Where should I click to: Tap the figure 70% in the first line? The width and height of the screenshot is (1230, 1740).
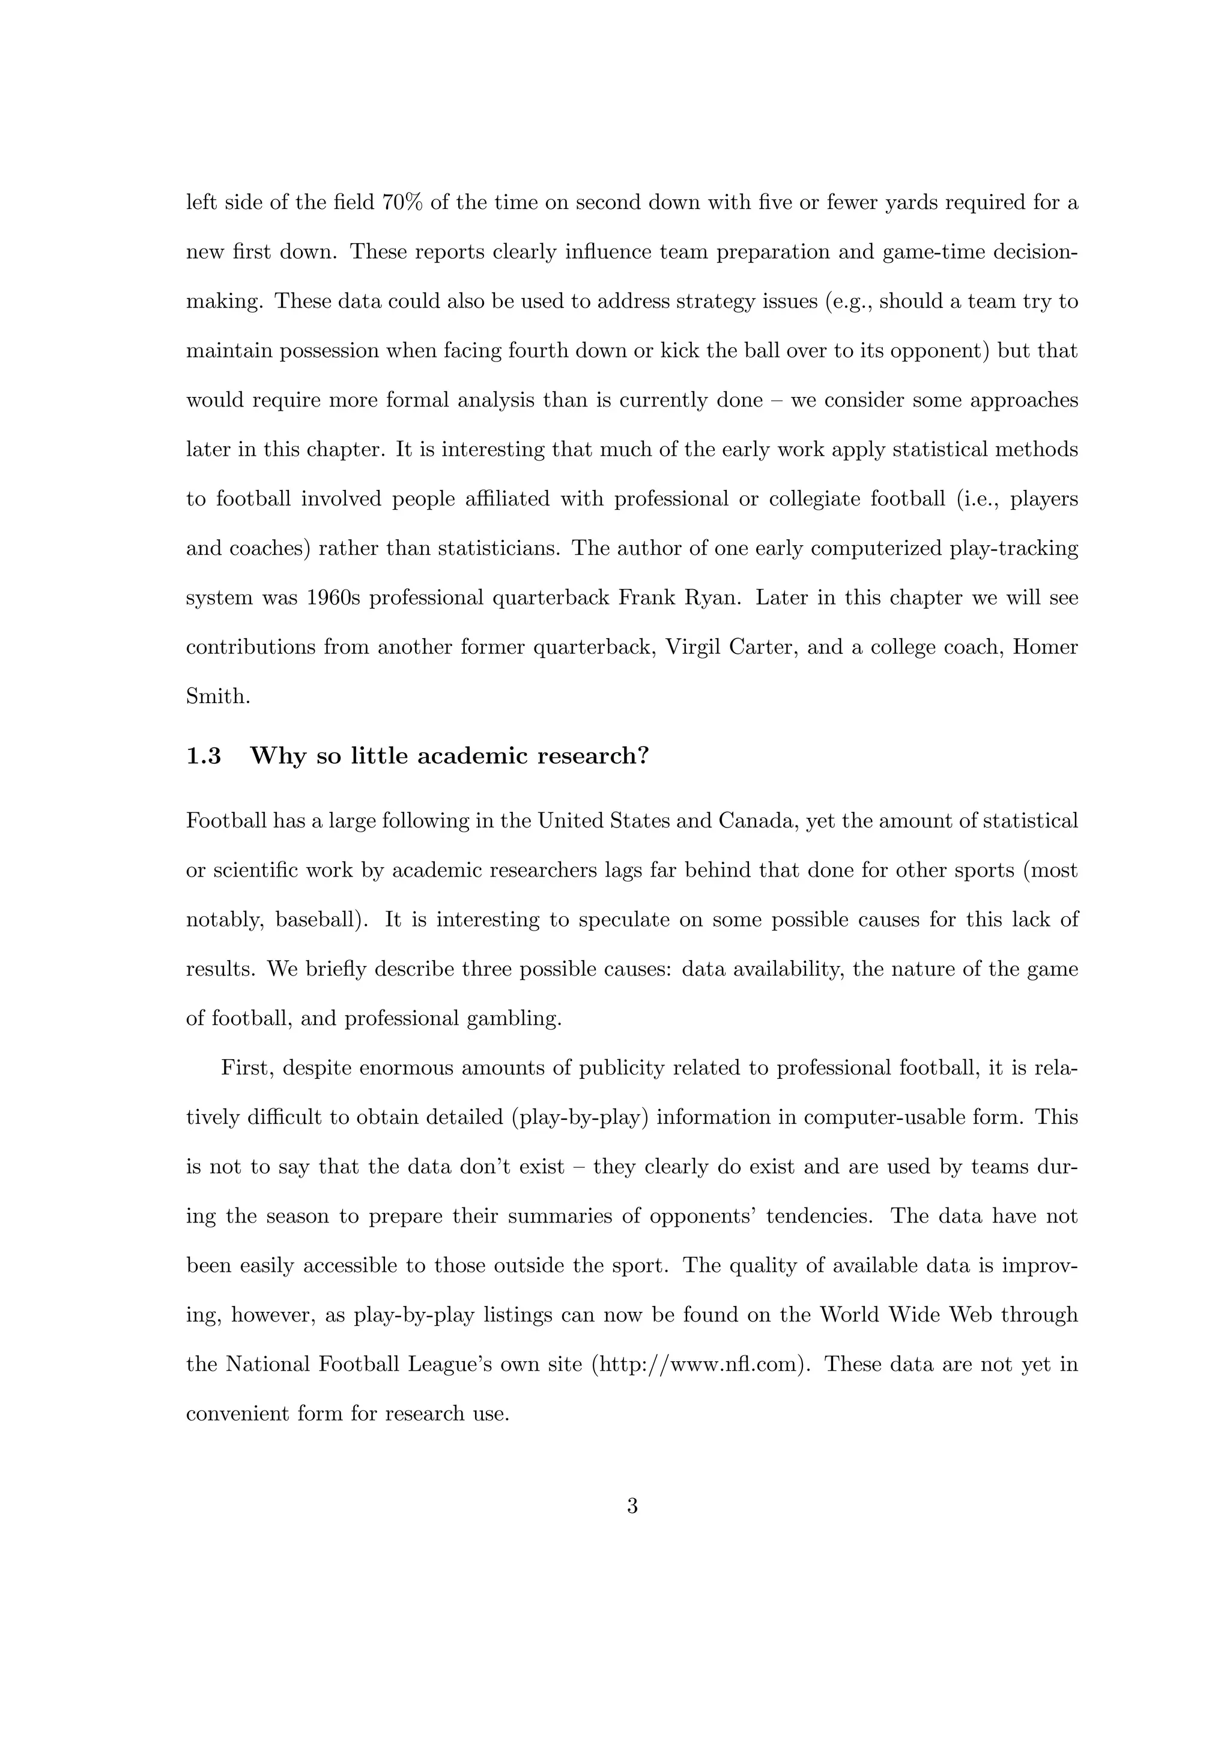[x=402, y=203]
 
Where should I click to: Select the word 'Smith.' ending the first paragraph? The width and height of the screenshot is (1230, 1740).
[x=218, y=696]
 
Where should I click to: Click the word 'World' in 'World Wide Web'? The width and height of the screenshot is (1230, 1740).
[x=850, y=1315]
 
